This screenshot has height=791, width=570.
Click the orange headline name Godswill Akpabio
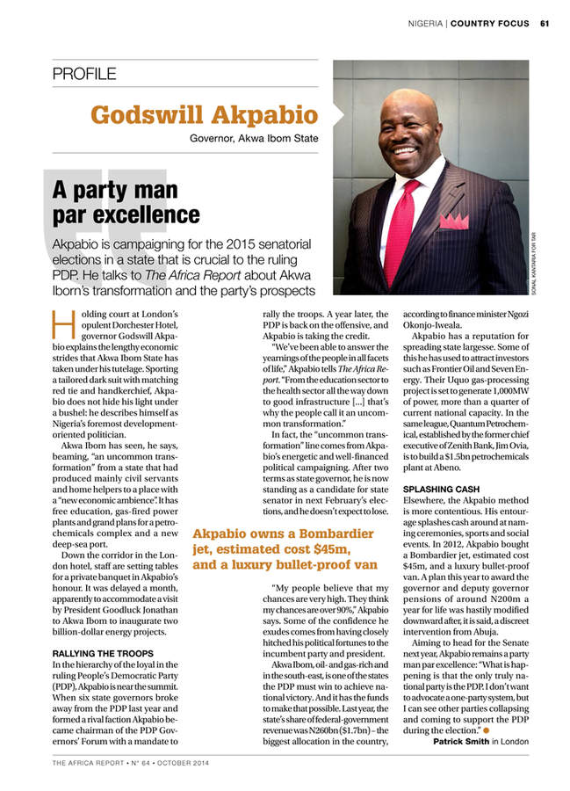[204, 115]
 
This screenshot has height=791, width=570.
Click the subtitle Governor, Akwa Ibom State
[254, 138]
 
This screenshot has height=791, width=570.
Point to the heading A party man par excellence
[126, 201]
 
